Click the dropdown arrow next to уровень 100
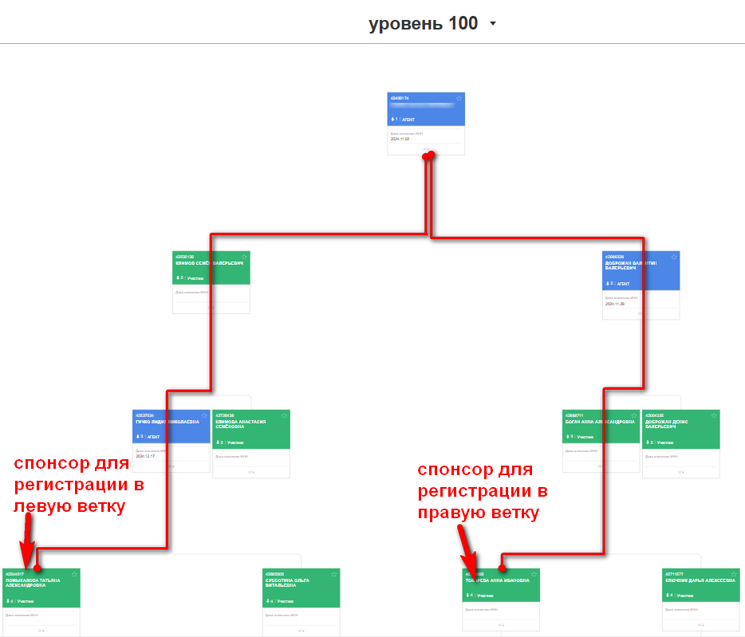pyautogui.click(x=493, y=24)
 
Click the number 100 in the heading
pyautogui.click(x=463, y=23)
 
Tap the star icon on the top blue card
pyautogui.click(x=459, y=99)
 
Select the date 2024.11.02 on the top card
pyautogui.click(x=400, y=139)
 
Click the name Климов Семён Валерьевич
pyautogui.click(x=209, y=262)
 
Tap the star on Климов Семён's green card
pyautogui.click(x=244, y=257)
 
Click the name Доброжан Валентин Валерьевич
pyautogui.click(x=630, y=265)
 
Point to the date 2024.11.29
pyautogui.click(x=614, y=304)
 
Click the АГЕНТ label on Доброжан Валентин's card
pyautogui.click(x=623, y=283)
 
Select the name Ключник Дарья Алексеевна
pyautogui.click(x=700, y=580)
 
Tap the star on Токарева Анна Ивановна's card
pyautogui.click(x=534, y=574)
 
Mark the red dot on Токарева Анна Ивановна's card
pyautogui.click(x=502, y=568)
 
